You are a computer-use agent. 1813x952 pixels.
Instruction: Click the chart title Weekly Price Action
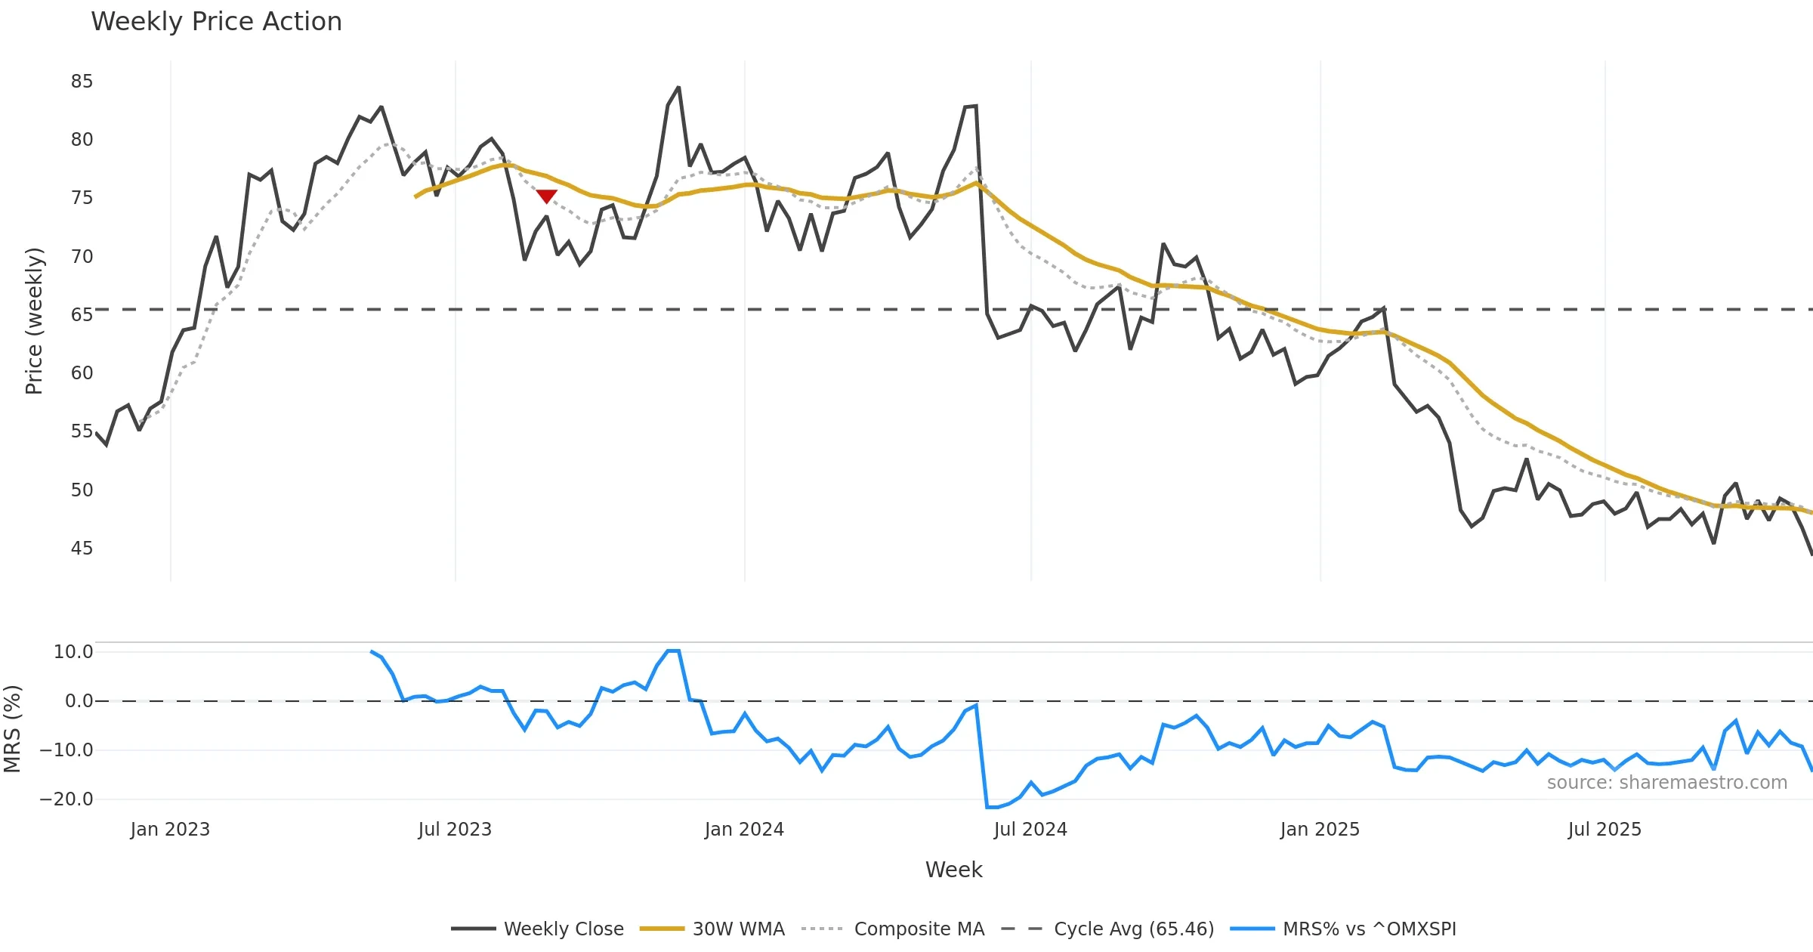pos(216,22)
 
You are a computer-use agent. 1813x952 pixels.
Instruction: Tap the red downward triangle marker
pos(546,196)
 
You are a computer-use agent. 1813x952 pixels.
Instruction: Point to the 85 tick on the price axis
pos(82,82)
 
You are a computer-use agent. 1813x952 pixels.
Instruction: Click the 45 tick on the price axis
pos(82,549)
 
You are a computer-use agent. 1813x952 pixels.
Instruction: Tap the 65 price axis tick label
pos(82,315)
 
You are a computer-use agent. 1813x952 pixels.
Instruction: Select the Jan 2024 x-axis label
pos(744,830)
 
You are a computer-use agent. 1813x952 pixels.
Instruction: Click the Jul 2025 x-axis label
pos(1605,830)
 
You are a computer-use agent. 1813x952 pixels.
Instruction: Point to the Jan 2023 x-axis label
pos(170,830)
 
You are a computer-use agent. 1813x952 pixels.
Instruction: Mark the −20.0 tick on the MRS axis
pos(66,799)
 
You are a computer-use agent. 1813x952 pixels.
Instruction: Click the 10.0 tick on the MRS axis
pos(73,652)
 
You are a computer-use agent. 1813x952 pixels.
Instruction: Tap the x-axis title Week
pos(953,870)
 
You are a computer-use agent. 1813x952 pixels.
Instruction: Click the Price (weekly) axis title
pos(35,321)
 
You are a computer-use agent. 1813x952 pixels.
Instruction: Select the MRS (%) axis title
pos(13,729)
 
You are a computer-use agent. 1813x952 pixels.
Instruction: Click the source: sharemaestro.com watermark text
pos(1666,783)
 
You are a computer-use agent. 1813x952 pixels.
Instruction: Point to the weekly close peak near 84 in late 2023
pos(678,88)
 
